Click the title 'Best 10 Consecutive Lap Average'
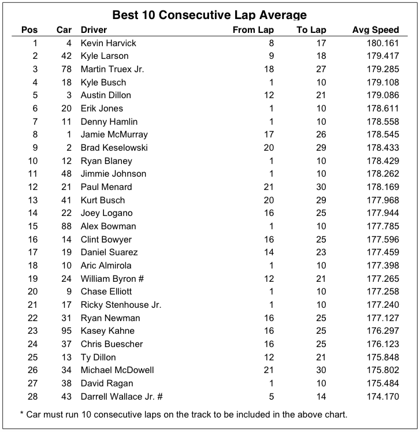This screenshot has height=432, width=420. (x=209, y=14)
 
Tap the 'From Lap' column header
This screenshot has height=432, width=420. (x=253, y=30)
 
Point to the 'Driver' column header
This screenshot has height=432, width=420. (x=94, y=30)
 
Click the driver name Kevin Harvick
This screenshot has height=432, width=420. (x=109, y=43)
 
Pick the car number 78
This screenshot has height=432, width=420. (x=66, y=69)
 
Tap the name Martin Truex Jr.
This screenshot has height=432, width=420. (x=113, y=69)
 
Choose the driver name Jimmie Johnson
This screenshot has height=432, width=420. (x=113, y=174)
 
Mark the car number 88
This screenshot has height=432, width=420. (x=66, y=226)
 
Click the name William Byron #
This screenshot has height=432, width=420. (x=112, y=278)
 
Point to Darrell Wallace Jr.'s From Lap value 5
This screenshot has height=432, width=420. (x=271, y=396)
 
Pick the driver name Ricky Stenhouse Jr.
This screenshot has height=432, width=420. (x=121, y=305)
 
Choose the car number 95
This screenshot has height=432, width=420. (x=66, y=331)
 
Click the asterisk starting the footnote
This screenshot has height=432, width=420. (x=21, y=415)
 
